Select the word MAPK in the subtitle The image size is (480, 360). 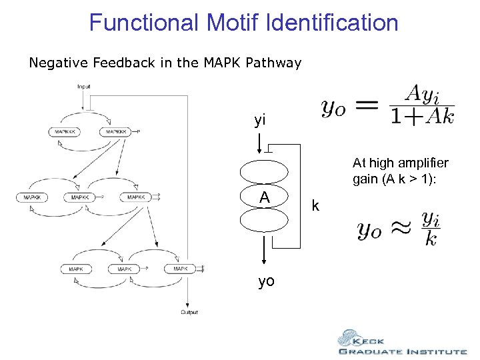tap(223, 63)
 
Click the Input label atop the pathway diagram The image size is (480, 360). tap(84, 87)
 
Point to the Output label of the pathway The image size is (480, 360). tap(189, 312)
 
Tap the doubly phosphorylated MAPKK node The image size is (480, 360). tap(136, 197)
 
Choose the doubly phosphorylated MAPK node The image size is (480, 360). tap(180, 269)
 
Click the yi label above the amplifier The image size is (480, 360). tap(260, 121)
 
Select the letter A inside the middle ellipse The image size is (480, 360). tap(265, 197)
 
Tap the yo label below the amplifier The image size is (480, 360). tap(266, 281)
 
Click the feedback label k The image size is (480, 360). tap(316, 206)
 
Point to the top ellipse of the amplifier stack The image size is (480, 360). tap(265, 172)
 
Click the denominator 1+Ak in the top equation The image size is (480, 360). tap(423, 117)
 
